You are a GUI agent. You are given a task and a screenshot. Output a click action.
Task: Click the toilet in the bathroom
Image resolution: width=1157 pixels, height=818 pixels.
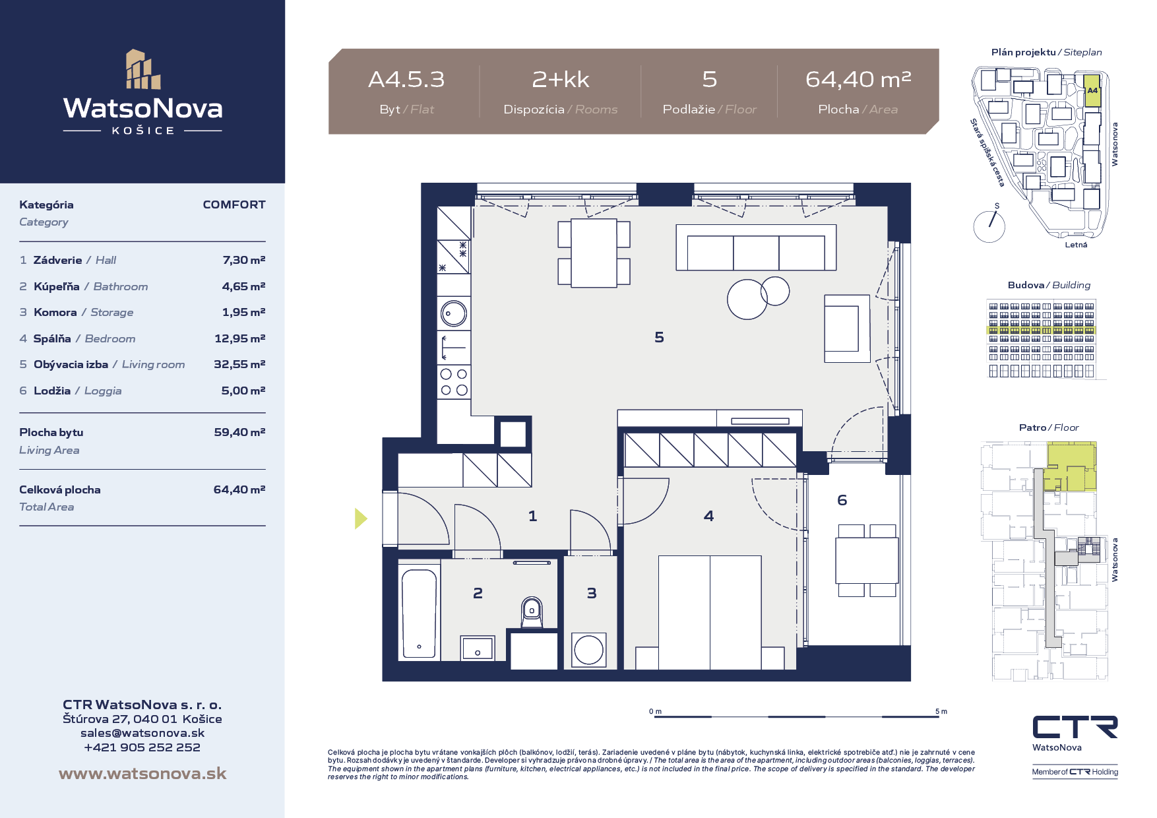pos(532,612)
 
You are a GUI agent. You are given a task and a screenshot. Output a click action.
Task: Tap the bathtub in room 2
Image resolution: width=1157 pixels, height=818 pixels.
pos(419,613)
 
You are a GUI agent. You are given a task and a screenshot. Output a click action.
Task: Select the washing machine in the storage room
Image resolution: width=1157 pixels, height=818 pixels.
pos(588,650)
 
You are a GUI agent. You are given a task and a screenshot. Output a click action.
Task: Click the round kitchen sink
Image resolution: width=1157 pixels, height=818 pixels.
pos(454,313)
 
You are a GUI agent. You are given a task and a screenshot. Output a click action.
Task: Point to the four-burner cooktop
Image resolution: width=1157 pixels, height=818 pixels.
pos(454,382)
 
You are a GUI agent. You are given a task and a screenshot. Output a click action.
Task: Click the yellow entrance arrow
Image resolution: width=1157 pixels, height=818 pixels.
pos(361,519)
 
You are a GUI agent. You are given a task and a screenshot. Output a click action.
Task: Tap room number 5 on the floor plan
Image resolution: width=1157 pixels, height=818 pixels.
pos(659,338)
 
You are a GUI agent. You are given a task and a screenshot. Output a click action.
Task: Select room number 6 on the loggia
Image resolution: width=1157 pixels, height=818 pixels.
pos(842,501)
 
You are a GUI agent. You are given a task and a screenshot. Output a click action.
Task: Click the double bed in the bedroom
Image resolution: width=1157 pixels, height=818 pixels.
pos(710,612)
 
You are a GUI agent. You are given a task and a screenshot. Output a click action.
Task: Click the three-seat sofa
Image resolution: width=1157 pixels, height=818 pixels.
pos(756,247)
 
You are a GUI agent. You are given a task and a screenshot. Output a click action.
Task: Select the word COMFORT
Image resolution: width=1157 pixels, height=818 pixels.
pos(234,204)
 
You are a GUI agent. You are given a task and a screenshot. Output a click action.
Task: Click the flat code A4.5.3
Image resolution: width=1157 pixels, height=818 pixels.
pos(406,80)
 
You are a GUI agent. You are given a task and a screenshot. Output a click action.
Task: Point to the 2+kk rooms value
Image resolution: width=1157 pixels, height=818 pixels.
pos(561,80)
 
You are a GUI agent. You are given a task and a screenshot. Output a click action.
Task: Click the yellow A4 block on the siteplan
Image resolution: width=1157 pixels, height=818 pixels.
pos(1092,92)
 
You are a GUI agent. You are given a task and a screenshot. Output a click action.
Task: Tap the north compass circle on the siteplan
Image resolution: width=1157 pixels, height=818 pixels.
pos(989,226)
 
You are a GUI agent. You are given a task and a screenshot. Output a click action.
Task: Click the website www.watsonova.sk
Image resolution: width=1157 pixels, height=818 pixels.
pos(142,774)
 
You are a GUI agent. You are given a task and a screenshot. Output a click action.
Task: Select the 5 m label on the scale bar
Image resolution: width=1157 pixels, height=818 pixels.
pos(941,711)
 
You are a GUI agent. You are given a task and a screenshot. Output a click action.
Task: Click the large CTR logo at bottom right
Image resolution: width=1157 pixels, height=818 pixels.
pos(1075,727)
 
